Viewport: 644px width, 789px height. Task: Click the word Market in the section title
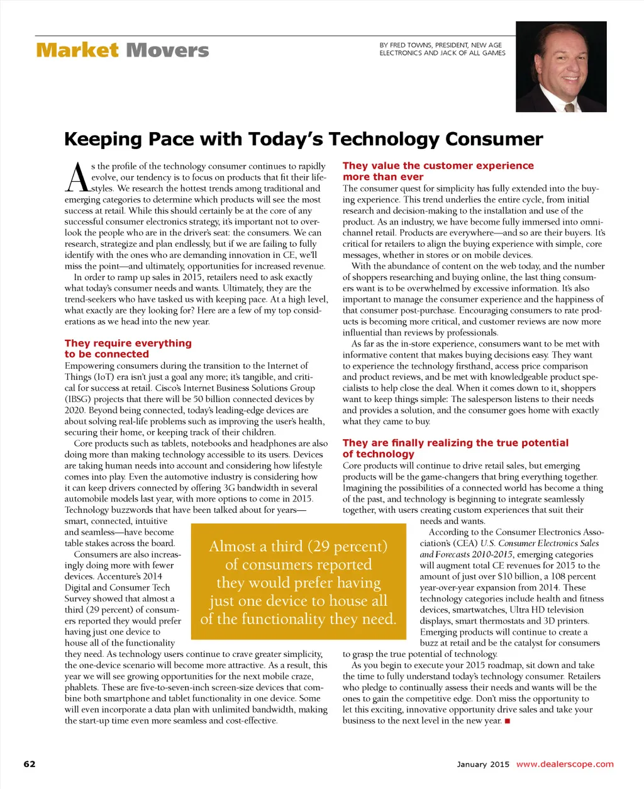[77, 50]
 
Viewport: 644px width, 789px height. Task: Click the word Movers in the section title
[167, 50]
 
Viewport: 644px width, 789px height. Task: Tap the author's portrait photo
[561, 67]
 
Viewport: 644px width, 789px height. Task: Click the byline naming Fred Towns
[442, 49]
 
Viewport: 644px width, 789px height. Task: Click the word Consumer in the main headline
[494, 139]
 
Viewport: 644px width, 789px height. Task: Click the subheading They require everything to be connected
[128, 349]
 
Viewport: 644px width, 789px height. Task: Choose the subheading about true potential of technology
[455, 448]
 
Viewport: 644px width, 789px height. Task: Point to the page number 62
[30, 764]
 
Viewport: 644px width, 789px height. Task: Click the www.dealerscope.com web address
[565, 764]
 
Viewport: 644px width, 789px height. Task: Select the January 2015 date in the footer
[483, 764]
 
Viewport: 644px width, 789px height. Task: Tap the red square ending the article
[507, 721]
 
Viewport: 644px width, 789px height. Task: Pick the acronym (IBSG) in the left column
[79, 399]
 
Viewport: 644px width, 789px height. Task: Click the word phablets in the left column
[81, 687]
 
